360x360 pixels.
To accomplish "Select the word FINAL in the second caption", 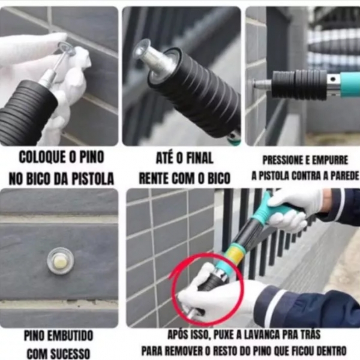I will click(x=197, y=158).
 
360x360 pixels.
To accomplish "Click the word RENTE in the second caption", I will click(x=157, y=178).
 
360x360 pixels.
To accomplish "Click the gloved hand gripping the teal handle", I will click(x=294, y=207).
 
